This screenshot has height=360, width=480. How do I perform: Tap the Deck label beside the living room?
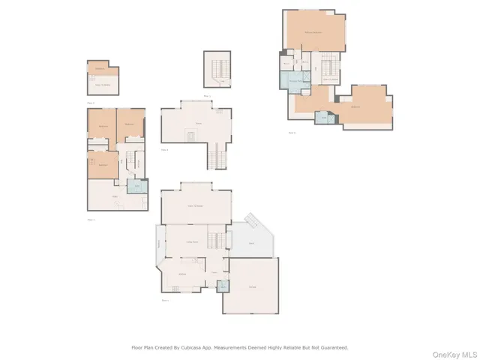click(250, 242)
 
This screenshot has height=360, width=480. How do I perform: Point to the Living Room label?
click(192, 242)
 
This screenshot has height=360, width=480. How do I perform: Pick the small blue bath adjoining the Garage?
click(223, 286)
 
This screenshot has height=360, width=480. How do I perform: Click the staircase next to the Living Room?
click(216, 241)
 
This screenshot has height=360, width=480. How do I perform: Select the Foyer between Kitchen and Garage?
click(214, 271)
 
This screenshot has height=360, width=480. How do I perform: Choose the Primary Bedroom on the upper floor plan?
click(313, 33)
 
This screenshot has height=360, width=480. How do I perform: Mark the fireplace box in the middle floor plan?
click(190, 136)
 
